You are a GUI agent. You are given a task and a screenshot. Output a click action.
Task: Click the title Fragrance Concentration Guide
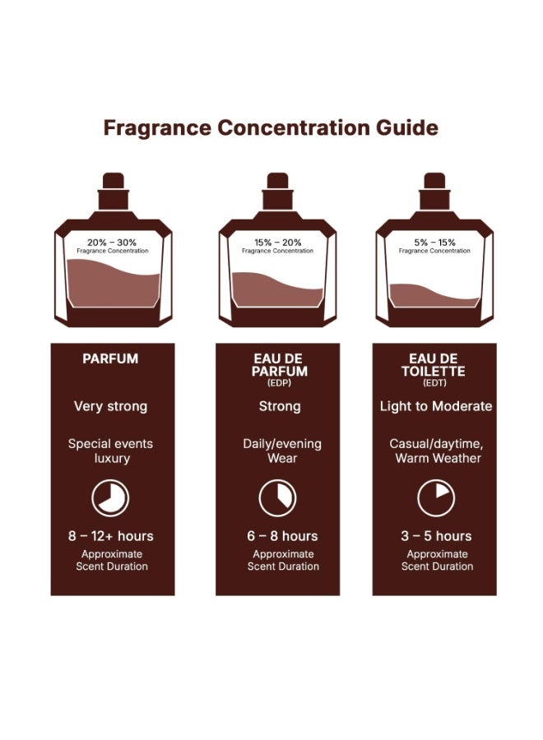[x=271, y=128]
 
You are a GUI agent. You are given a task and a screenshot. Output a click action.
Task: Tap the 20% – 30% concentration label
[x=112, y=243]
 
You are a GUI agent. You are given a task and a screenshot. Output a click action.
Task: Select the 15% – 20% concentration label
[x=277, y=243]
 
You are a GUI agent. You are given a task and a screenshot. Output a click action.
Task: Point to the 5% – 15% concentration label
[x=434, y=243]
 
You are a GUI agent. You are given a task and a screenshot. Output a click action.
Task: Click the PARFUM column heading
[x=110, y=359]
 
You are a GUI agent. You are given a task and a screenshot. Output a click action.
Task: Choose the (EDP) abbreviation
[x=277, y=383]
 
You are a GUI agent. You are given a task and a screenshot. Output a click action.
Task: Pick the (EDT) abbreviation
[x=434, y=383]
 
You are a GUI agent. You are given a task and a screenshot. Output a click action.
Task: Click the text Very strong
[x=110, y=406]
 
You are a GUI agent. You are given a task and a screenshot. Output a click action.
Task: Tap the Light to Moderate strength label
[x=435, y=406]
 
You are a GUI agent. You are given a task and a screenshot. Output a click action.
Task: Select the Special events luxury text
[x=110, y=451]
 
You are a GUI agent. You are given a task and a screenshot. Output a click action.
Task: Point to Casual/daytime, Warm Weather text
[x=435, y=451]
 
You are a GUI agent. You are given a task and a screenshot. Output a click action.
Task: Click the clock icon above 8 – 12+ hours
[x=110, y=497]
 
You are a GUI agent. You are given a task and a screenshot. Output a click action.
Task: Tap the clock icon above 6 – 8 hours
[x=277, y=497]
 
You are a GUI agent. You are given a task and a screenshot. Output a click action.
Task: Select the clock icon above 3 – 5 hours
[x=435, y=497]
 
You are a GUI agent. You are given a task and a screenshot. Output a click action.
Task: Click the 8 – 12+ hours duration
[x=110, y=536]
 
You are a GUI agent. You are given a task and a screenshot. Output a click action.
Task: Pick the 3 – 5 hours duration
[x=435, y=536]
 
